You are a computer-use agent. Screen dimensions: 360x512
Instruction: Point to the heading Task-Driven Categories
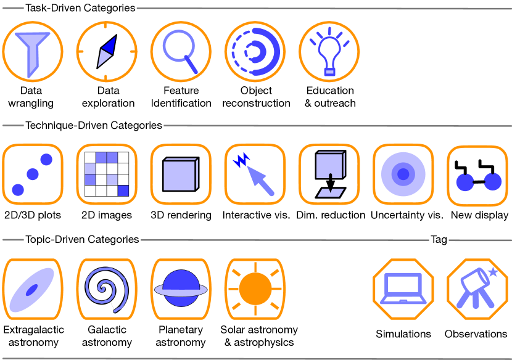click(80, 8)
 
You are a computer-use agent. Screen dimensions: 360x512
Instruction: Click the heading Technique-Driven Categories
click(93, 125)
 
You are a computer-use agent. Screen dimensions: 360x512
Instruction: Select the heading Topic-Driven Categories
click(82, 239)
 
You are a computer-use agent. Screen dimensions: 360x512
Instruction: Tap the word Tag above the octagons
click(439, 239)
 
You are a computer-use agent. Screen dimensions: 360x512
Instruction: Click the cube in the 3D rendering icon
click(180, 174)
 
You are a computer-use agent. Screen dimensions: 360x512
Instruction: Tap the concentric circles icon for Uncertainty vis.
click(403, 174)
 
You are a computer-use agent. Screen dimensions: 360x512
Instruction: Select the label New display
click(479, 215)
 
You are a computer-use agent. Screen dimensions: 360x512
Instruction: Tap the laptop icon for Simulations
click(403, 288)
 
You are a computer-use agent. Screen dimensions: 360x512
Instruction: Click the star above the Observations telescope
click(493, 272)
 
